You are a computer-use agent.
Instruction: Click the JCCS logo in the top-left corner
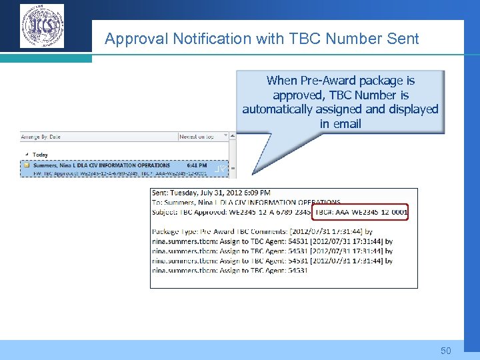coord(42,26)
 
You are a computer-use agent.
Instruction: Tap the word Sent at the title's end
coord(403,39)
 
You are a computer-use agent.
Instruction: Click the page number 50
coord(446,351)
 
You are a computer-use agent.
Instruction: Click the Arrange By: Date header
coord(41,137)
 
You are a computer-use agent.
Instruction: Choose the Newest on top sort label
coord(197,137)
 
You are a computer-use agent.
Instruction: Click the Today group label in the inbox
coord(40,155)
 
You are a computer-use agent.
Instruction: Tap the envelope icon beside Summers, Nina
coord(26,165)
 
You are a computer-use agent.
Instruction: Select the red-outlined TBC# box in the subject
coord(360,212)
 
